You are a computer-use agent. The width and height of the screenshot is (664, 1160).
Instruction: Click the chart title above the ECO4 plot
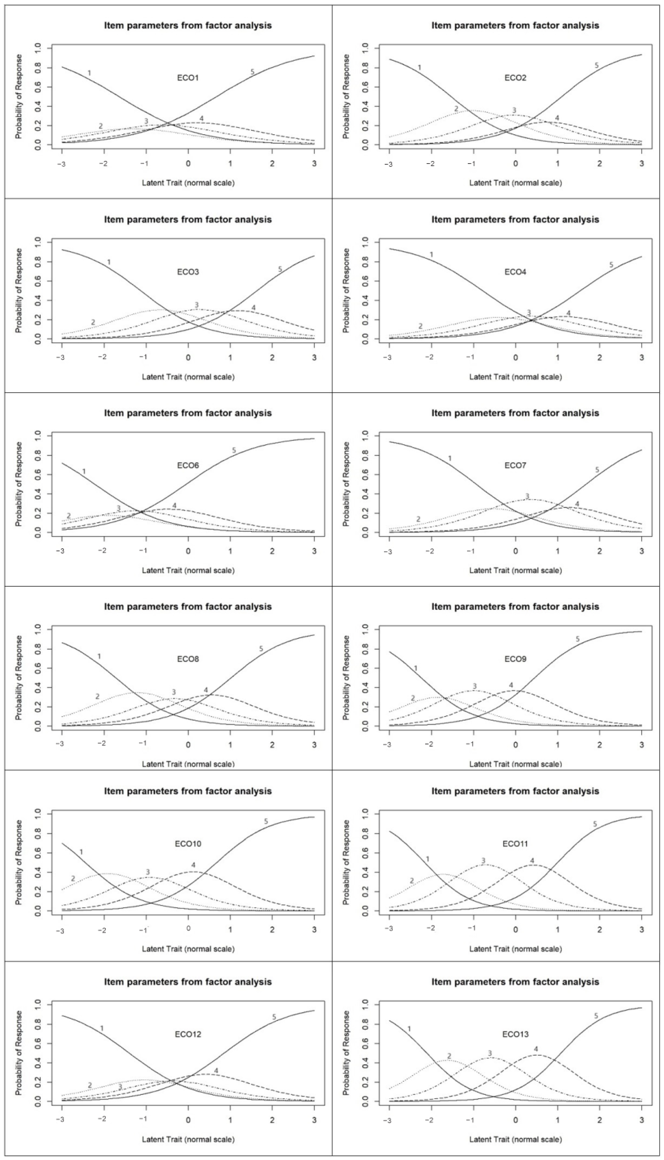515,219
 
